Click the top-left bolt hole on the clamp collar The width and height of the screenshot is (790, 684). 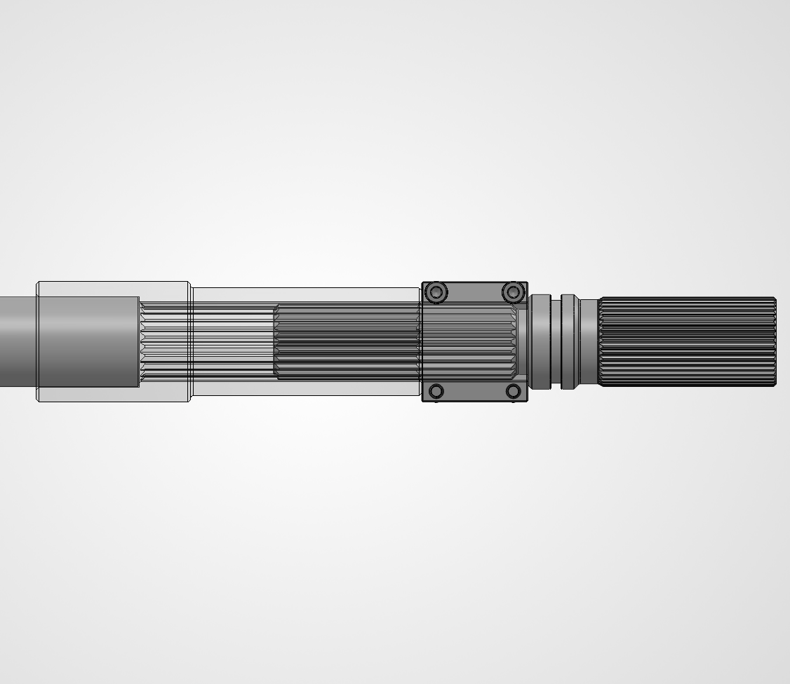pyautogui.click(x=436, y=291)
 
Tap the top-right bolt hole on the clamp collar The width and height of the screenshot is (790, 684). pyautogui.click(x=513, y=291)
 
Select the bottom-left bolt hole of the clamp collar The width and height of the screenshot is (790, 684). pyautogui.click(x=436, y=391)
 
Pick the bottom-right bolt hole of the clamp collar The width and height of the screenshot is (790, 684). pyautogui.click(x=513, y=391)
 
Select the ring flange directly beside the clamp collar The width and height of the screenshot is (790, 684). pyautogui.click(x=540, y=341)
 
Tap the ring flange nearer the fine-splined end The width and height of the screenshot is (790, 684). pyautogui.click(x=569, y=341)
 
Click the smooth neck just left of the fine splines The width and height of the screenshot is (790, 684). pyautogui.click(x=588, y=341)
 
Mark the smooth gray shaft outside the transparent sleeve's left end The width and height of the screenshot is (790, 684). pyautogui.click(x=18, y=341)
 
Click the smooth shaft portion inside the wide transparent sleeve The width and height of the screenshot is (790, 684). pyautogui.click(x=88, y=341)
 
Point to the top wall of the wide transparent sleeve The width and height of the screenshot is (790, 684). pyautogui.click(x=112, y=289)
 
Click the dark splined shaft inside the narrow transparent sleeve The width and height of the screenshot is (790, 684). pyautogui.click(x=347, y=341)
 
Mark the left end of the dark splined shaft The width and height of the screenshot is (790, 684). pyautogui.click(x=277, y=341)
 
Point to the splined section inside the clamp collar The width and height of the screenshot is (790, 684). pyautogui.click(x=470, y=341)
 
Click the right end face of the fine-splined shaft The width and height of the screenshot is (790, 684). pyautogui.click(x=775, y=341)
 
